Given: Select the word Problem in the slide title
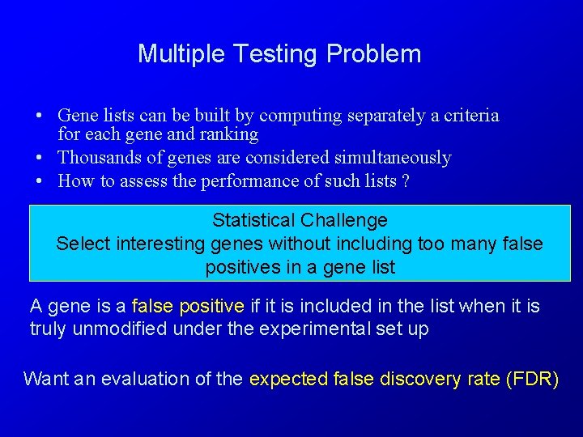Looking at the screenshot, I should click(373, 54).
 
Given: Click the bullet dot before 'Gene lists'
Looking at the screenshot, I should click(38, 117).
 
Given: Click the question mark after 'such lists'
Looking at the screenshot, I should click(405, 181).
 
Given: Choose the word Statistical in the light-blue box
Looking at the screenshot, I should click(253, 220).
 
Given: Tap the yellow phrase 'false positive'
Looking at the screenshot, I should click(188, 307).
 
